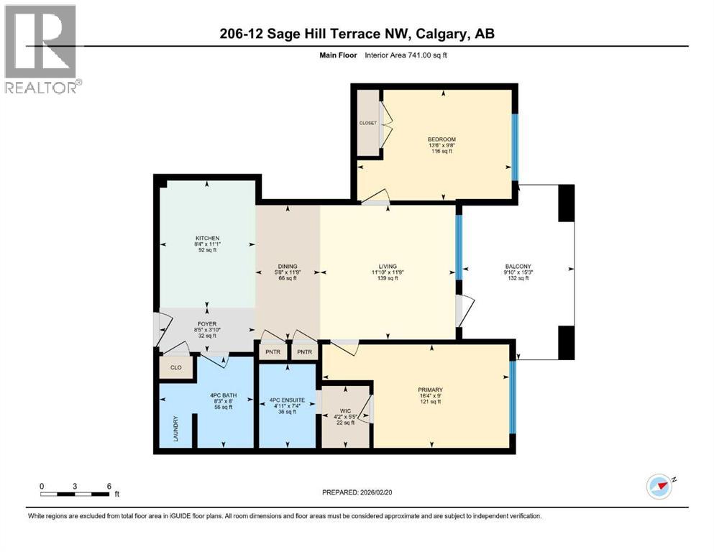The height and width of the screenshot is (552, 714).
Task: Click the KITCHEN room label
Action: (208, 238)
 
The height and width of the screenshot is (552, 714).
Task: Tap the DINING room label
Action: (288, 266)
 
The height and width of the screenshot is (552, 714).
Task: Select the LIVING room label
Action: (388, 266)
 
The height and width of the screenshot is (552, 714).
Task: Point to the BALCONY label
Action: (518, 266)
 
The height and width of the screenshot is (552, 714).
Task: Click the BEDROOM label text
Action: (441, 139)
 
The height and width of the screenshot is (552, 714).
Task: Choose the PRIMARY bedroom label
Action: (430, 390)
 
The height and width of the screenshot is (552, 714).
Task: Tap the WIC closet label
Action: (346, 411)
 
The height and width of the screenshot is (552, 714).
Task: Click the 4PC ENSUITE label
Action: (288, 400)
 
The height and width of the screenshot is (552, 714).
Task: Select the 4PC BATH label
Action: (223, 395)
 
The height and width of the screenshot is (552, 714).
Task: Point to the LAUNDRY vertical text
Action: (175, 428)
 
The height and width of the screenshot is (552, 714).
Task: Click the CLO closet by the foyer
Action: (175, 367)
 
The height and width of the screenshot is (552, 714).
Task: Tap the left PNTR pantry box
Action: (273, 351)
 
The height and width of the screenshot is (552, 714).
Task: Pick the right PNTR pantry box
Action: (305, 351)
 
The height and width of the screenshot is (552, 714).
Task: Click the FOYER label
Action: (207, 324)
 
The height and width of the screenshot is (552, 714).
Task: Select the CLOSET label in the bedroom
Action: (368, 123)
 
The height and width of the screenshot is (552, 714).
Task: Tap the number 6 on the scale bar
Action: (109, 487)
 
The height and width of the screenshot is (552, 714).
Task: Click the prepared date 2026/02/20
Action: (375, 492)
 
